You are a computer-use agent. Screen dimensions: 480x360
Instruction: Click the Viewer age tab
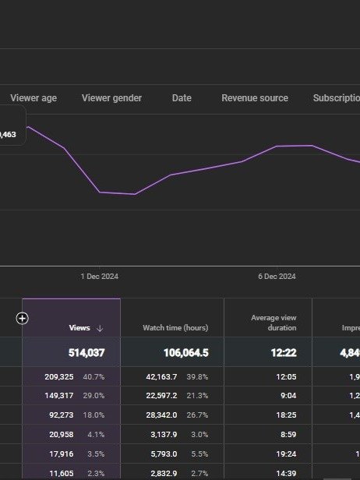(34, 98)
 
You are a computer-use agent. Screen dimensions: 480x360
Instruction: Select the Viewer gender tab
(111, 98)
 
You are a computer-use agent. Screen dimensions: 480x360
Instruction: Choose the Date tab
(182, 98)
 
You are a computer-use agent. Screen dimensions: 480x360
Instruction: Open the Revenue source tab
(255, 98)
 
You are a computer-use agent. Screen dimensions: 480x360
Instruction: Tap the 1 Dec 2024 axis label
(100, 277)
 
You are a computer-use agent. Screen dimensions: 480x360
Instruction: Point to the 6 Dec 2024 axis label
(277, 277)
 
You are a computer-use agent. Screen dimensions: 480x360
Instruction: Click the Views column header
(79, 328)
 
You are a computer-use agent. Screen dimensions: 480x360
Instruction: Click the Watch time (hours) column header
(175, 328)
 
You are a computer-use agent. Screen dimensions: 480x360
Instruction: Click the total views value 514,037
(86, 353)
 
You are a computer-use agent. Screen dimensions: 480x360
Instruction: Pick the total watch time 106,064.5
(185, 353)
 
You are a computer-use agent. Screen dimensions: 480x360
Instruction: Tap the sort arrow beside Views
(100, 328)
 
